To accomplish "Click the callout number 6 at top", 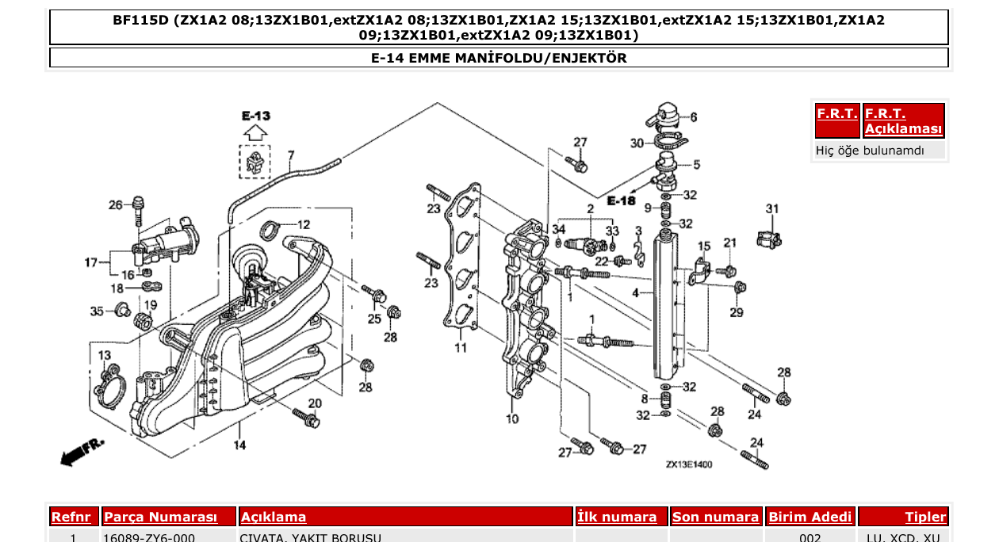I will click(693, 117).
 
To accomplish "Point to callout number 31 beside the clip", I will click(771, 208).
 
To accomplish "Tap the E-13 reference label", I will click(255, 116).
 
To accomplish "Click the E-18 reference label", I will click(621, 201).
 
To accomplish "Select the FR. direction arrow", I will click(82, 451).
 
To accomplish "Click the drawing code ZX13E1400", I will click(688, 464).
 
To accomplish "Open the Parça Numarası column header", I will click(160, 518).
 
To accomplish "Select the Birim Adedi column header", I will click(810, 518).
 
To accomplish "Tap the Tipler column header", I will click(925, 518).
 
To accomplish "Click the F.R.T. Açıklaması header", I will click(904, 121).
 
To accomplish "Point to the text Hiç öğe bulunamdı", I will click(870, 150).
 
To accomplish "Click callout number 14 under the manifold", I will click(239, 445).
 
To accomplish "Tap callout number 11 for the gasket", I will click(461, 347).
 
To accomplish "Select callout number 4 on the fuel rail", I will click(635, 293).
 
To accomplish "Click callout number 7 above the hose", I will click(291, 155).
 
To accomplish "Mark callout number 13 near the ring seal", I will click(105, 356).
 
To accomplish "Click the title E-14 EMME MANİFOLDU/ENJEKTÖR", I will click(499, 58).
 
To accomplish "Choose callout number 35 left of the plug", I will click(97, 311).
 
